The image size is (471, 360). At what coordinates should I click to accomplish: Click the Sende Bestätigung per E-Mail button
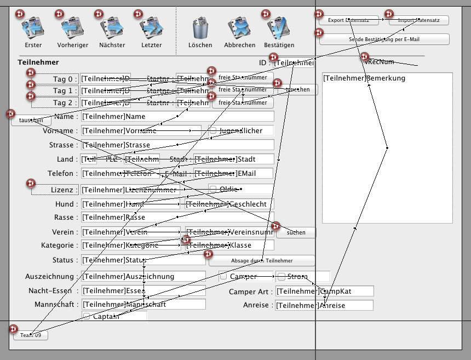point(384,39)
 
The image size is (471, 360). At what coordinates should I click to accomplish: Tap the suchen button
point(296,233)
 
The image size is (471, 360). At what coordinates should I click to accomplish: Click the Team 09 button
point(31,335)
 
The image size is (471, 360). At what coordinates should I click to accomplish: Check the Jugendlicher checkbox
point(213,131)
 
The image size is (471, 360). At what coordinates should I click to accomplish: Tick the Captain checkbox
point(86,316)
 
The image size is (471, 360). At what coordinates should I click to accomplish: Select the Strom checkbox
point(282,277)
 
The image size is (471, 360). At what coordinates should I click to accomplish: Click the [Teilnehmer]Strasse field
point(177,145)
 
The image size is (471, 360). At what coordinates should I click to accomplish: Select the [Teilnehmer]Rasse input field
point(177,218)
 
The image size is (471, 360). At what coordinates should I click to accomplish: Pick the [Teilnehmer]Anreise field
point(324,306)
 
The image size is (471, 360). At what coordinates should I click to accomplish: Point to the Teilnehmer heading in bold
point(38,62)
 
